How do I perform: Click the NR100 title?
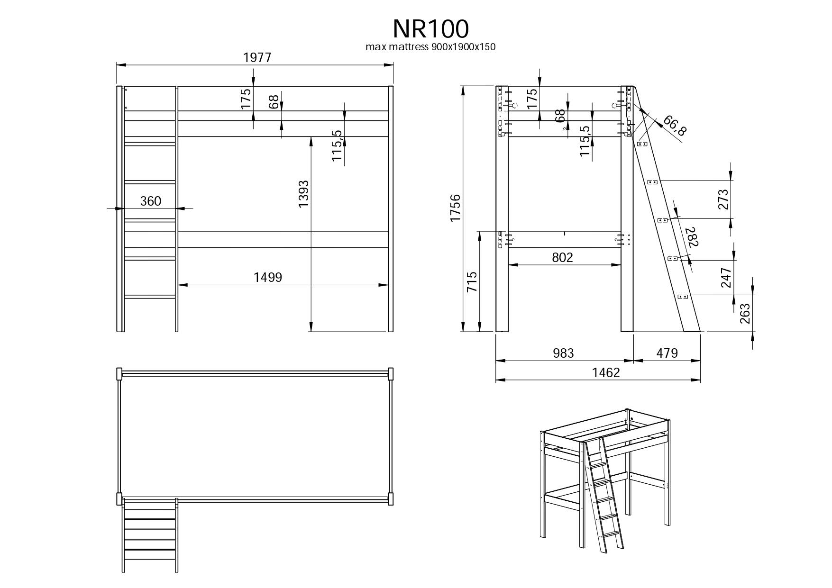pos(430,29)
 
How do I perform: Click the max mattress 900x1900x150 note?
pos(430,47)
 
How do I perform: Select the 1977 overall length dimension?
pos(257,58)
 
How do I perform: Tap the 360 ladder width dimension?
pos(151,201)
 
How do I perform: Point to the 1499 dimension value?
pos(268,278)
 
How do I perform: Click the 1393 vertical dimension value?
pos(303,194)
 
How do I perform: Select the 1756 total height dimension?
pos(455,208)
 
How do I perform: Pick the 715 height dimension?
pos(472,282)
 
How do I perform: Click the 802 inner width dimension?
pos(563,258)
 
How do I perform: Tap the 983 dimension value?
pos(563,353)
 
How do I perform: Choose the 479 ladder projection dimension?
pos(667,353)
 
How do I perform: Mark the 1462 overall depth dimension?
pos(606,373)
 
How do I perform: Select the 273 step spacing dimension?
pos(722,199)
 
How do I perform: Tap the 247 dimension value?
pos(726,278)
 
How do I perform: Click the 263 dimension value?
pos(745,313)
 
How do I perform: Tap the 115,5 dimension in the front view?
pos(337,145)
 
